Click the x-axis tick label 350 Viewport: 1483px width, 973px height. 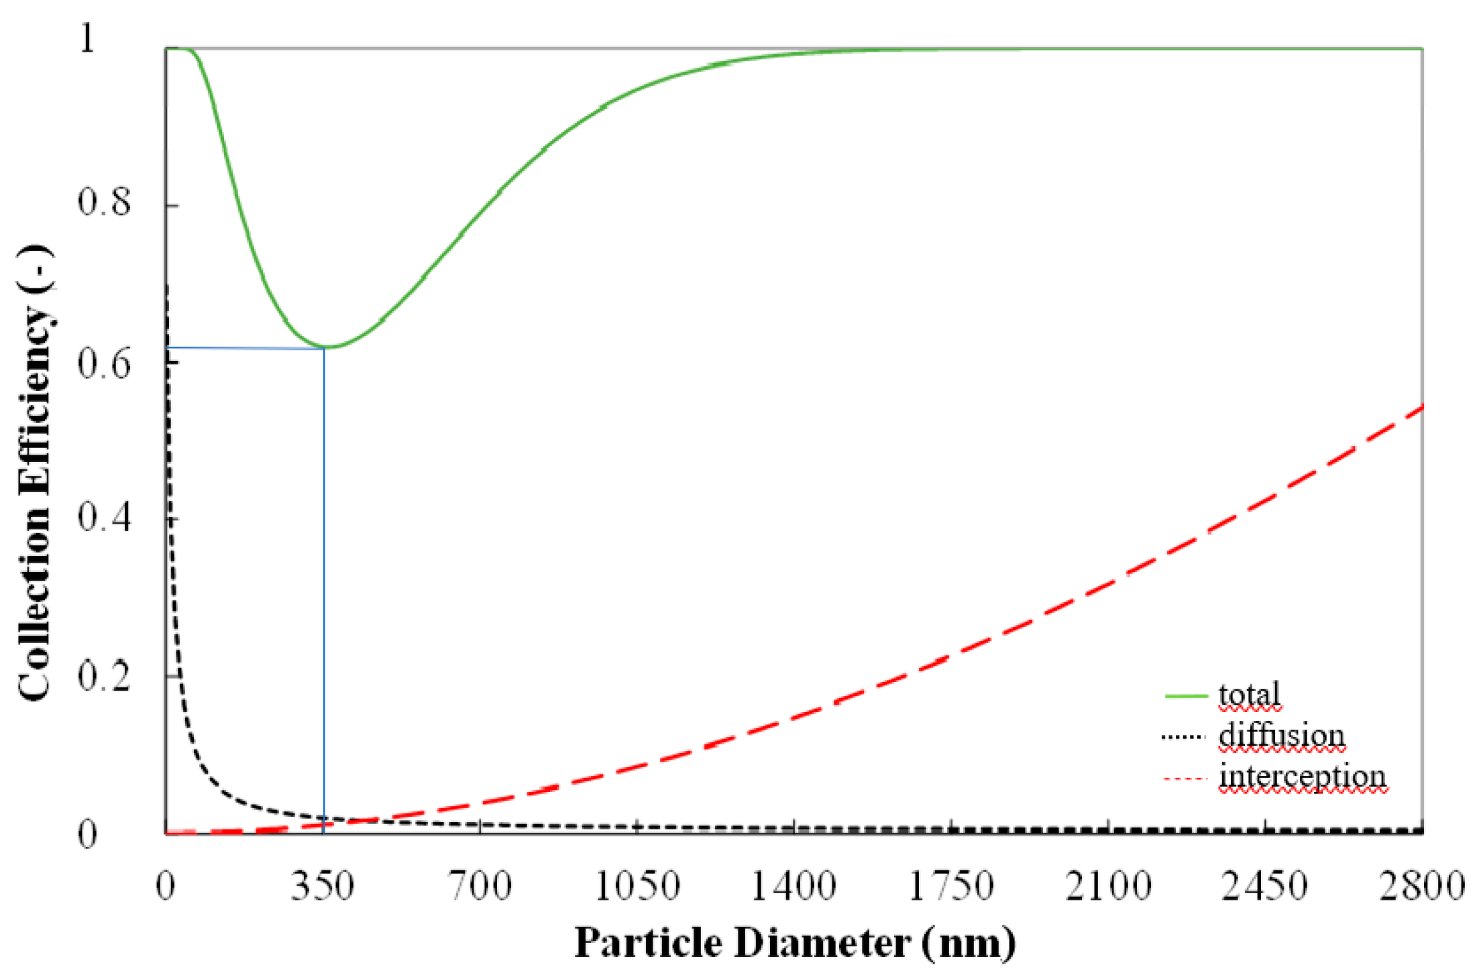(323, 886)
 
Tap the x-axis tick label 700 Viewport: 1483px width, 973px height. (480, 886)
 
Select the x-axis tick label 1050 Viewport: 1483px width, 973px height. (638, 886)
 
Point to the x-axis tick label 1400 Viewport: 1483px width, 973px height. (793, 886)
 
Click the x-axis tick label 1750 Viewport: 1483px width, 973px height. (951, 886)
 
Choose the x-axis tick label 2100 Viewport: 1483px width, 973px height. (1109, 886)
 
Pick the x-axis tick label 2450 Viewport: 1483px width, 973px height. (1265, 886)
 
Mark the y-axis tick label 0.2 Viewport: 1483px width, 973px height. (105, 676)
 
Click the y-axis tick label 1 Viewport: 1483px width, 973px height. (87, 38)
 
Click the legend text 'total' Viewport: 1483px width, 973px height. (1250, 695)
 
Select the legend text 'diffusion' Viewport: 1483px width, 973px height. (1282, 735)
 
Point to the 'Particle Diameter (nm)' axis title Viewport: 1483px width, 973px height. (795, 943)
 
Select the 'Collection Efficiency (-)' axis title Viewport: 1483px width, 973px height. (35, 473)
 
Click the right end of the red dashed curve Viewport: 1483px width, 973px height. (1421, 407)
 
